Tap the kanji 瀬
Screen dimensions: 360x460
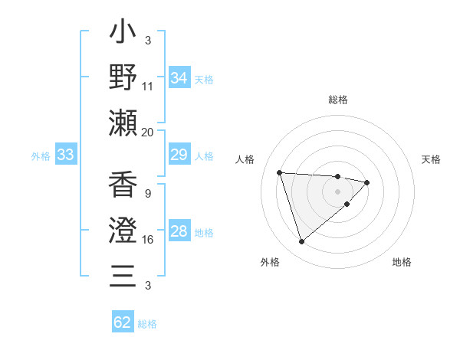(123, 122)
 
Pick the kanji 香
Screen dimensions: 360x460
(123, 186)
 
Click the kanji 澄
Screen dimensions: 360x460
(123, 230)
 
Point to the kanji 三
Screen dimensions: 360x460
(123, 274)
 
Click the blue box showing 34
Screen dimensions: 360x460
(179, 77)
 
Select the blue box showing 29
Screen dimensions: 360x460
(179, 155)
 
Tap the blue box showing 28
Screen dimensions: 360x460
(179, 232)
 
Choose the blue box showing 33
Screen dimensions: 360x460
(66, 155)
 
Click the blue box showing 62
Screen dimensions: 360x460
(123, 322)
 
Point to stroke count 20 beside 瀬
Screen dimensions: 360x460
(148, 132)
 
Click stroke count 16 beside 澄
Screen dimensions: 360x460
(148, 240)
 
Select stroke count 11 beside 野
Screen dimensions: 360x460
(148, 86)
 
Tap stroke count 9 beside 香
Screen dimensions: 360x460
(147, 194)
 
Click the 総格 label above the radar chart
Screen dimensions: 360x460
(338, 100)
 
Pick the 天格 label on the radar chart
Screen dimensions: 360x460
(432, 159)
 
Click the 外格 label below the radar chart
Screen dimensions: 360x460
(269, 262)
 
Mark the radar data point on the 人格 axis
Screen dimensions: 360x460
(280, 172)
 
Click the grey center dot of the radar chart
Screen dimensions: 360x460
(338, 191)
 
